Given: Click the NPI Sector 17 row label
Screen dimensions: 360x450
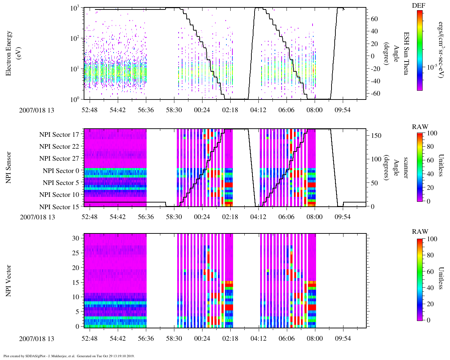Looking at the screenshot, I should click(x=59, y=135).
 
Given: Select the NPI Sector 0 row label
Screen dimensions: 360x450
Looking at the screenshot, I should click(x=61, y=171).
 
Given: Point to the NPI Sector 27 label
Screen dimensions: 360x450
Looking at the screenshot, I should click(x=59, y=159).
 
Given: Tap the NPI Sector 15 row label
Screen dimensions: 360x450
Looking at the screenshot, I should click(x=59, y=207).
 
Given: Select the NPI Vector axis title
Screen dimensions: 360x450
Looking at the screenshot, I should click(x=9, y=281).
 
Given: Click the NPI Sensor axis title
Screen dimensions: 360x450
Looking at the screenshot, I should click(x=9, y=168).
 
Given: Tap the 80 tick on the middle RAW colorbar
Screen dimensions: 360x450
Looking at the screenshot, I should click(x=430, y=147).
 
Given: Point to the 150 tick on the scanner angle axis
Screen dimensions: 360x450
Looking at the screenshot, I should click(x=376, y=135).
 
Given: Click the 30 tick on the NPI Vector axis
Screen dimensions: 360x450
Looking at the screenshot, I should click(x=76, y=238).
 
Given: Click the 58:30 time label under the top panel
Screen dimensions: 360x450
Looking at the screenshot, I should click(x=174, y=110).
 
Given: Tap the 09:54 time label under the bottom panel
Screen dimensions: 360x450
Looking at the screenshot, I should click(x=342, y=339).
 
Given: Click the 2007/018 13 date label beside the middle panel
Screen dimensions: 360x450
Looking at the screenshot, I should click(x=37, y=217).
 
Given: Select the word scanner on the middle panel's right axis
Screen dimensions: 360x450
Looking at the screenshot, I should click(x=406, y=168).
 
